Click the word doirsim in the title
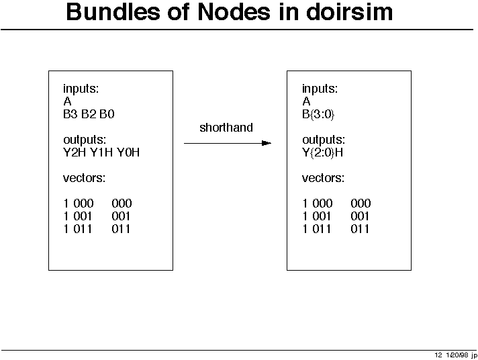click(349, 12)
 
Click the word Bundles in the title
click(113, 12)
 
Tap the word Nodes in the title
click(234, 12)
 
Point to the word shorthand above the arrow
click(226, 128)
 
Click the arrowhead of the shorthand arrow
click(267, 143)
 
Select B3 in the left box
click(70, 114)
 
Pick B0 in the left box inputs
click(107, 114)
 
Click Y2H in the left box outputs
click(75, 152)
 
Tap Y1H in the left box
click(101, 152)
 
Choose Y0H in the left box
click(128, 152)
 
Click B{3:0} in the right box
click(318, 114)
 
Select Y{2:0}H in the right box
click(322, 152)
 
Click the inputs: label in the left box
click(81, 89)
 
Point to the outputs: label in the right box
click(324, 140)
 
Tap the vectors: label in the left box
click(84, 178)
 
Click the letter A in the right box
click(306, 101)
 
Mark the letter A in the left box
click(67, 101)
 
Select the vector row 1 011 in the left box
click(78, 229)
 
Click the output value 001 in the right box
click(360, 216)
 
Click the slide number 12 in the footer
click(438, 355)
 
